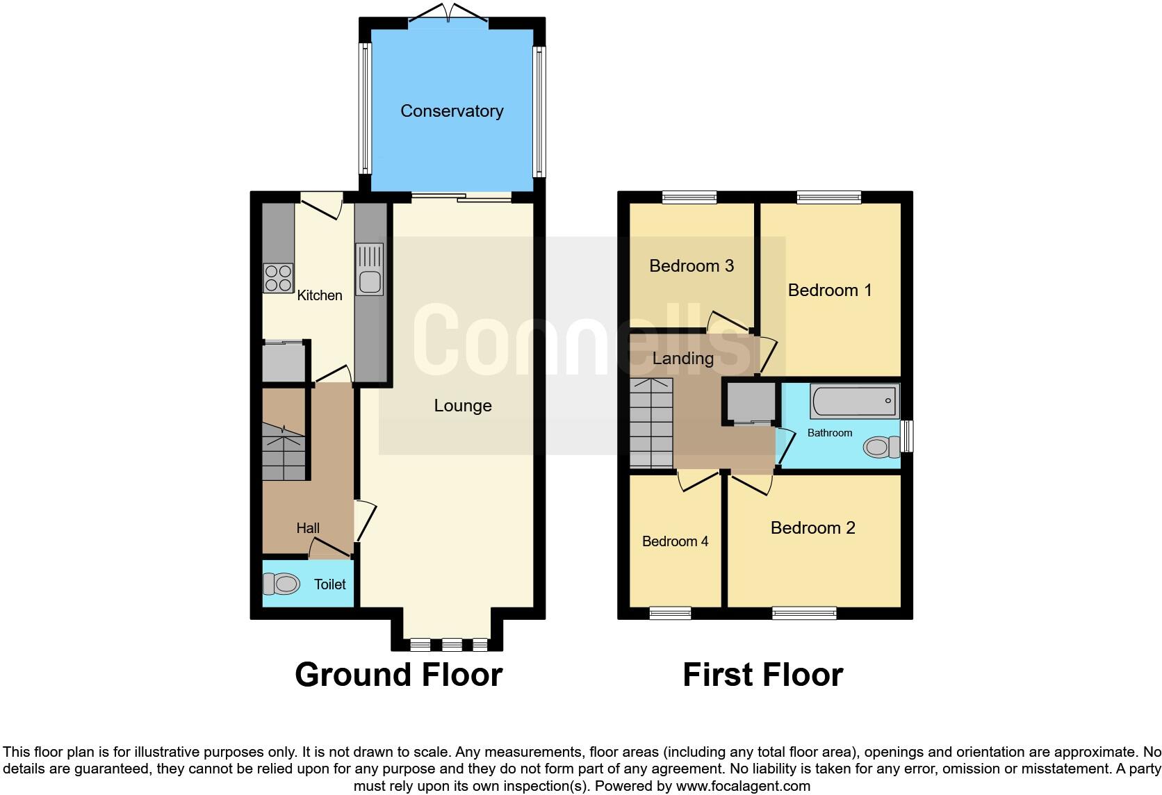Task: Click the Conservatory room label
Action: pyautogui.click(x=452, y=111)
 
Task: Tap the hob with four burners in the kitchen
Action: pyautogui.click(x=278, y=279)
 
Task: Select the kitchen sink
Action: pyautogui.click(x=369, y=269)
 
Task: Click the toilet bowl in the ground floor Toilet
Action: pyautogui.click(x=281, y=584)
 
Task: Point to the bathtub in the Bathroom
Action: pyautogui.click(x=855, y=402)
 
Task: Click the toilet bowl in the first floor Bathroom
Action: pyautogui.click(x=880, y=447)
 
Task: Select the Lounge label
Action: pyautogui.click(x=463, y=406)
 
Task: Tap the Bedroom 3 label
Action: pyautogui.click(x=692, y=266)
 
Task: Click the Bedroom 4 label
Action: pyautogui.click(x=675, y=541)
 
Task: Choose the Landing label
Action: pyautogui.click(x=683, y=359)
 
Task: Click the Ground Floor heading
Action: pyautogui.click(x=398, y=675)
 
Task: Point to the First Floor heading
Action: pyautogui.click(x=762, y=675)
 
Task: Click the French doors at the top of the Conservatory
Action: pyautogui.click(x=448, y=15)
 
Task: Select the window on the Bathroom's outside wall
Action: pyautogui.click(x=907, y=436)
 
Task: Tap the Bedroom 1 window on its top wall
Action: pyautogui.click(x=828, y=197)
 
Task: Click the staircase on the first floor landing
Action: pyautogui.click(x=651, y=423)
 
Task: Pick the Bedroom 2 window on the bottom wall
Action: pyautogui.click(x=804, y=613)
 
